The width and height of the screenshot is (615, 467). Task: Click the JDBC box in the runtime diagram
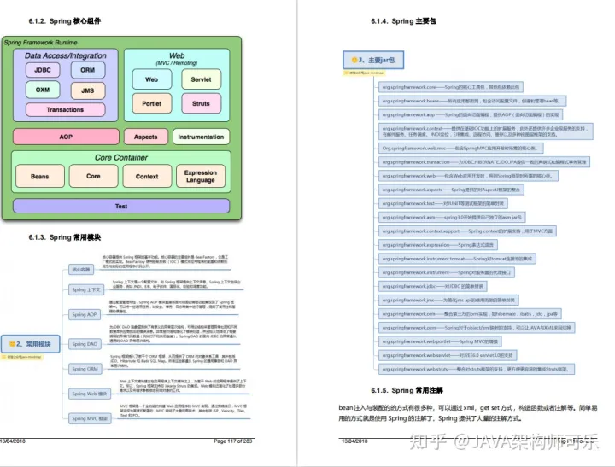coord(42,70)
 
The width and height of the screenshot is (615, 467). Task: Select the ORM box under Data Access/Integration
coord(88,70)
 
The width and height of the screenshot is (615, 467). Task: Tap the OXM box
coord(42,90)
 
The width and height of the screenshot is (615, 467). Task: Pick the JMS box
coord(88,90)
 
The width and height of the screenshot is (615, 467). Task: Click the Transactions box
coord(65,109)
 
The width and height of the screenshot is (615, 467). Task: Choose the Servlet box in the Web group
coord(201,79)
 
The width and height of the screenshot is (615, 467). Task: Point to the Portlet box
coord(151,104)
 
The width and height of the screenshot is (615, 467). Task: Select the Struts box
coord(201,104)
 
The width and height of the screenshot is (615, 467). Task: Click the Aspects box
coord(146,137)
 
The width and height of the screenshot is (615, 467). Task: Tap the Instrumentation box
coord(201,137)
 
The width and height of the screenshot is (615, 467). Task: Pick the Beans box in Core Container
coord(39,176)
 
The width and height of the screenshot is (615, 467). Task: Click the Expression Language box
coord(201,176)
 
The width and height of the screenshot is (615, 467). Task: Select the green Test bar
coord(120,207)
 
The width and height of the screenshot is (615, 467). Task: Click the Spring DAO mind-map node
coord(85,344)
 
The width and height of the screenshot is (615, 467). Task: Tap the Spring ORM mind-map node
coord(85,369)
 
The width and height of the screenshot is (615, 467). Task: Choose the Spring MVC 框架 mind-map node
coord(90,418)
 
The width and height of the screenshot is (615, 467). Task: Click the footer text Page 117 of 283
coord(233,441)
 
